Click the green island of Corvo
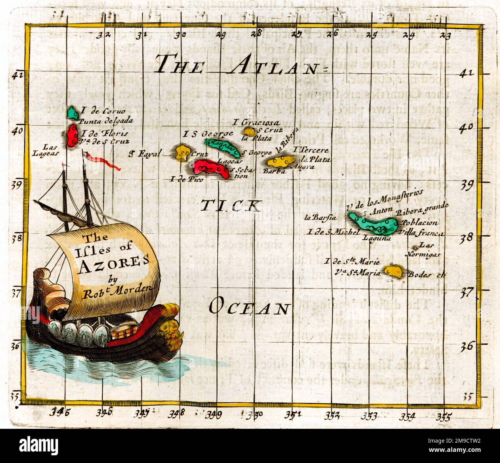click(72, 112)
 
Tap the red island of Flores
click(71, 135)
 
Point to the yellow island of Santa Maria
click(393, 271)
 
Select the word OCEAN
click(249, 307)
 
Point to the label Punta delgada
click(106, 121)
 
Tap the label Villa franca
click(422, 232)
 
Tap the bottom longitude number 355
click(445, 416)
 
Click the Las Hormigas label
click(428, 249)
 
